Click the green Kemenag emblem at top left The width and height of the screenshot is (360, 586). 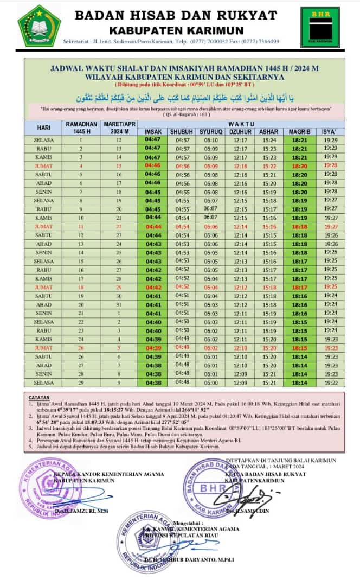click(x=40, y=25)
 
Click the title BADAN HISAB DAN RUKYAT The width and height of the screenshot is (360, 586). click(x=175, y=16)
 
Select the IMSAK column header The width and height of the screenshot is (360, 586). click(x=153, y=132)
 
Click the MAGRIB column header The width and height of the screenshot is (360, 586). click(x=299, y=132)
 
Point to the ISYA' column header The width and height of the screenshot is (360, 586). click(x=330, y=132)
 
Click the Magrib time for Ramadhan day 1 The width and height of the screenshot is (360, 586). click(x=299, y=140)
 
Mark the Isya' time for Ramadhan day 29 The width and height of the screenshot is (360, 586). click(x=330, y=383)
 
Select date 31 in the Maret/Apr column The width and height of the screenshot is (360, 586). click(x=119, y=304)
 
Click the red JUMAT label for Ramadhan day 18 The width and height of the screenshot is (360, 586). click(x=44, y=287)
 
